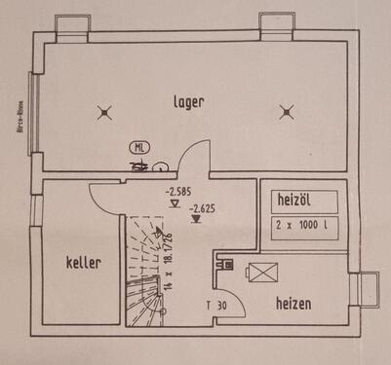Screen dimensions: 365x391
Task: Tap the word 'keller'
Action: (x=84, y=262)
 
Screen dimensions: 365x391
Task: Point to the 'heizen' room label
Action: (x=293, y=304)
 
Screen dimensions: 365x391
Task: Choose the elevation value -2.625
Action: (x=203, y=207)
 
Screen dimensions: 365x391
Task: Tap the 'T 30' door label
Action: (x=216, y=304)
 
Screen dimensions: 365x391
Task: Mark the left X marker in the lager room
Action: (x=106, y=113)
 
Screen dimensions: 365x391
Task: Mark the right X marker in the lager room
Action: (x=286, y=112)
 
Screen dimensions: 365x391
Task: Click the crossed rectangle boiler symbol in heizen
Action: (x=262, y=274)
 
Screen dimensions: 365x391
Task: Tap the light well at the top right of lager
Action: (x=275, y=22)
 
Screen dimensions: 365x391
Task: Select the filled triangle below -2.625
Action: (x=197, y=219)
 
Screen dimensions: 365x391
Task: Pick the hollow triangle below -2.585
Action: (x=174, y=204)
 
